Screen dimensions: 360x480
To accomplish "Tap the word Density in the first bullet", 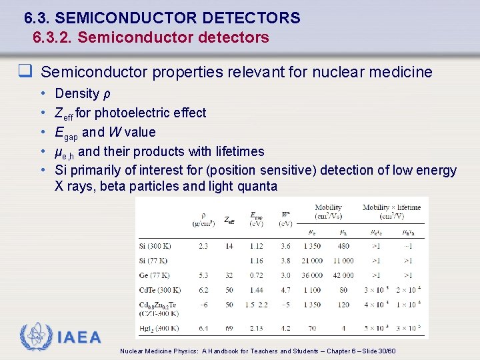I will (x=77, y=94).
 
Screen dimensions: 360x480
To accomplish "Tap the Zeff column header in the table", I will (x=229, y=219).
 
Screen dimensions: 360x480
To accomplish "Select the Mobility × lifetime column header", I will (x=391, y=211).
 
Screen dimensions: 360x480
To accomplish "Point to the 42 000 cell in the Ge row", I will (x=343, y=275).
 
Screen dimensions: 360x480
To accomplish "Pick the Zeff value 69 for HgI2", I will (x=229, y=328).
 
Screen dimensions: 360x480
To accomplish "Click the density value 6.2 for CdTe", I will (x=203, y=290).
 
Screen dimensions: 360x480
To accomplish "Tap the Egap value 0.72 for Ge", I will (x=256, y=275).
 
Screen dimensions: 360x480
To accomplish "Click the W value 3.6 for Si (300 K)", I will (x=285, y=246).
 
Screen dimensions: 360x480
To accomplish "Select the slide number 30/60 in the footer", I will (x=385, y=351).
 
